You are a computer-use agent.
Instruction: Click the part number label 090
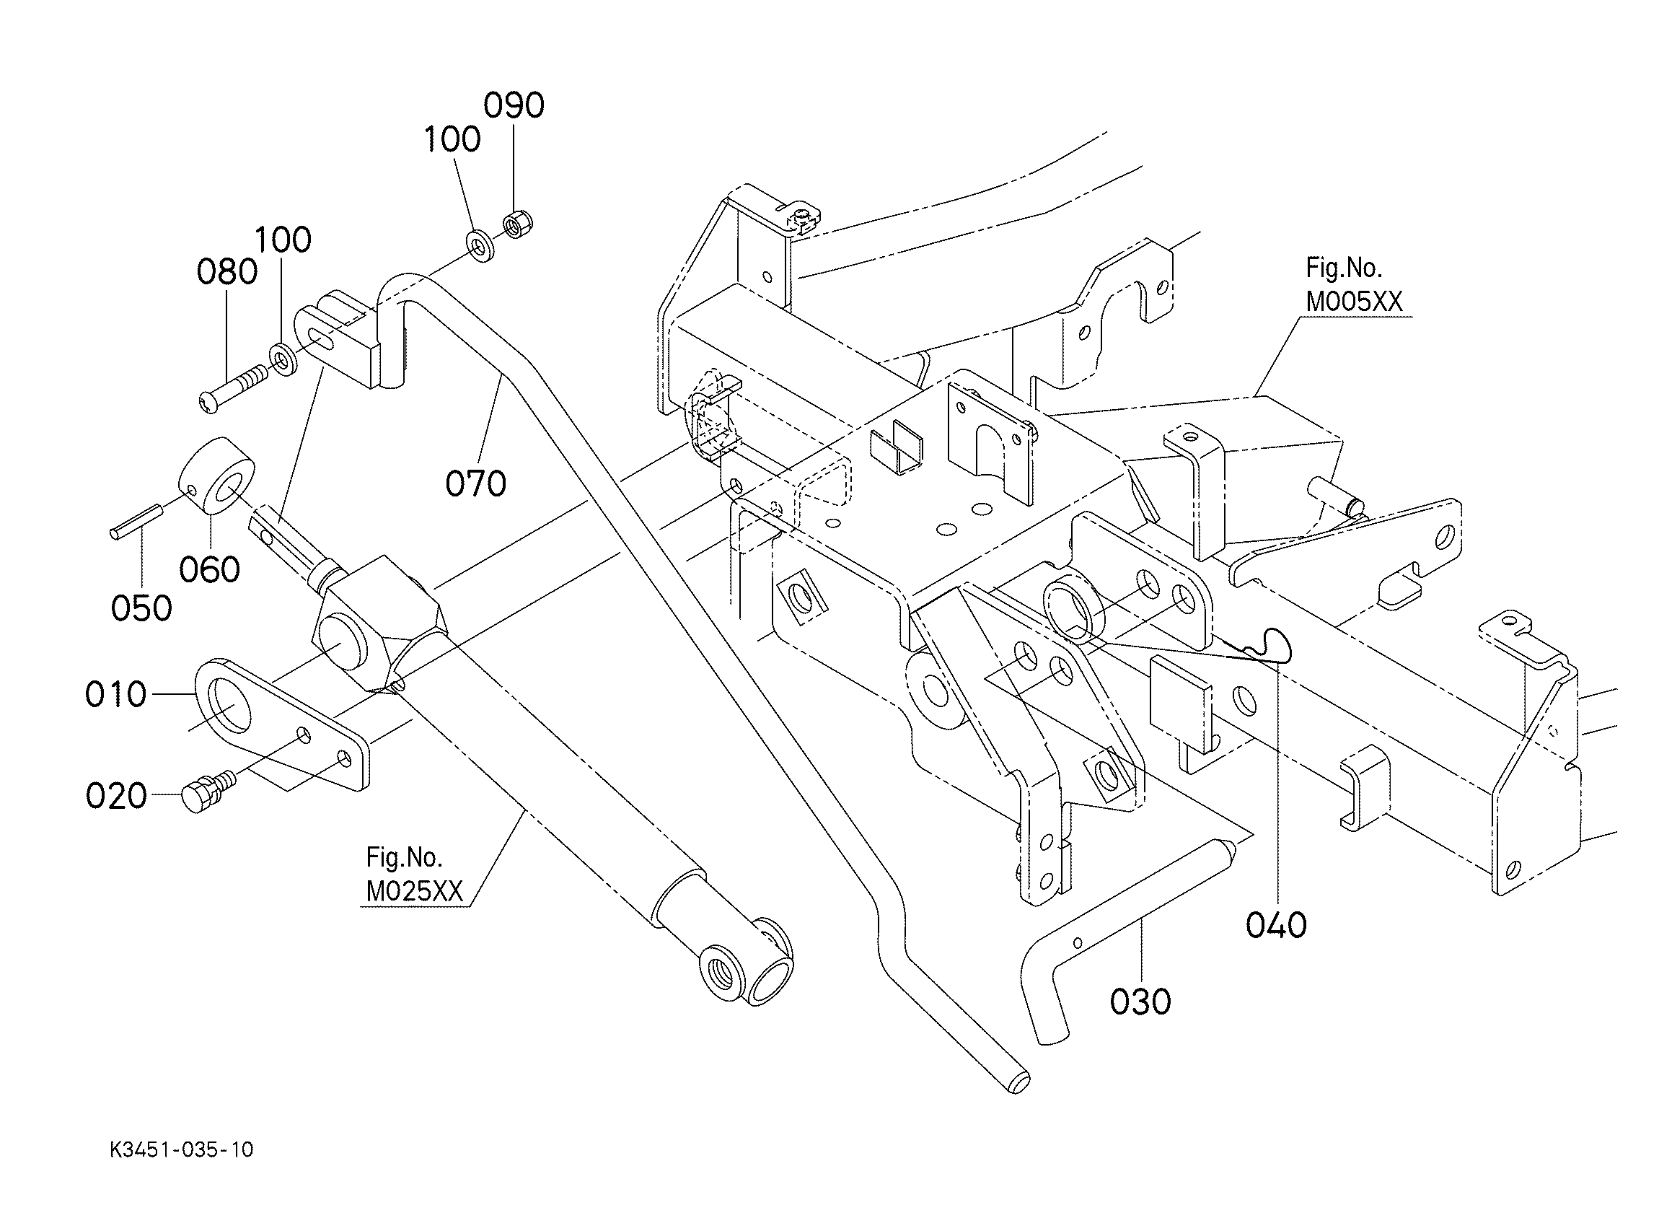coord(514,105)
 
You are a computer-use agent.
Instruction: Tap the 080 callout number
coord(226,272)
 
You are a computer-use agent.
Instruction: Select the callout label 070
coord(475,484)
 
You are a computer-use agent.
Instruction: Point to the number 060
coord(210,570)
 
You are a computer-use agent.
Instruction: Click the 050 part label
coord(142,608)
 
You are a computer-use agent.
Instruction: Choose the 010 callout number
coord(115,694)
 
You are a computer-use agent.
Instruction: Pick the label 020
coord(116,796)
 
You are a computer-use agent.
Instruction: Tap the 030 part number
coord(1140,1002)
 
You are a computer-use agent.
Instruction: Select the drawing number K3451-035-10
coord(181,1150)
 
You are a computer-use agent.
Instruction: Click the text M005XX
coord(1354,302)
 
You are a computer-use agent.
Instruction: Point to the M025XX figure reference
coord(415,891)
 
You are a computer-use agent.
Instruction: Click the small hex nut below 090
coord(519,224)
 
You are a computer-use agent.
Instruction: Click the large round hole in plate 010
coord(230,702)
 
